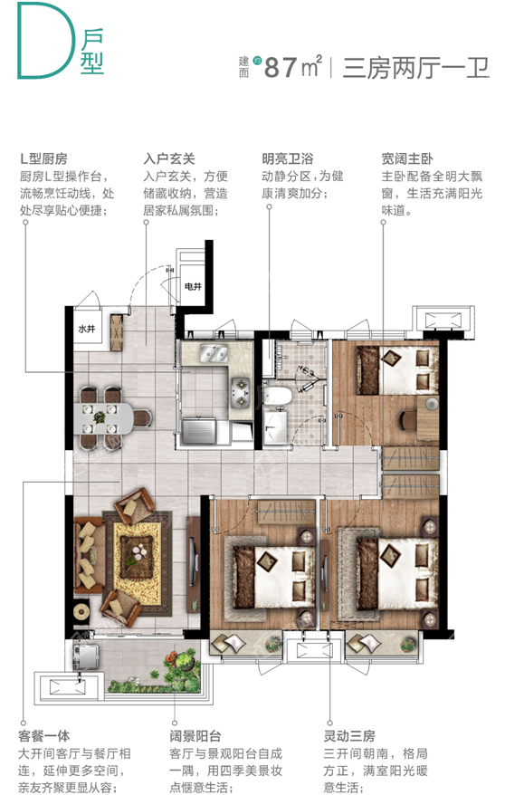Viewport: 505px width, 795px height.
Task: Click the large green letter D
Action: (41, 39)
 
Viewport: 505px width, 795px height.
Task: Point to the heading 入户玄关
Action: (172, 156)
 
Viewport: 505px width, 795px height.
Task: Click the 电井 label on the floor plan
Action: (193, 287)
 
